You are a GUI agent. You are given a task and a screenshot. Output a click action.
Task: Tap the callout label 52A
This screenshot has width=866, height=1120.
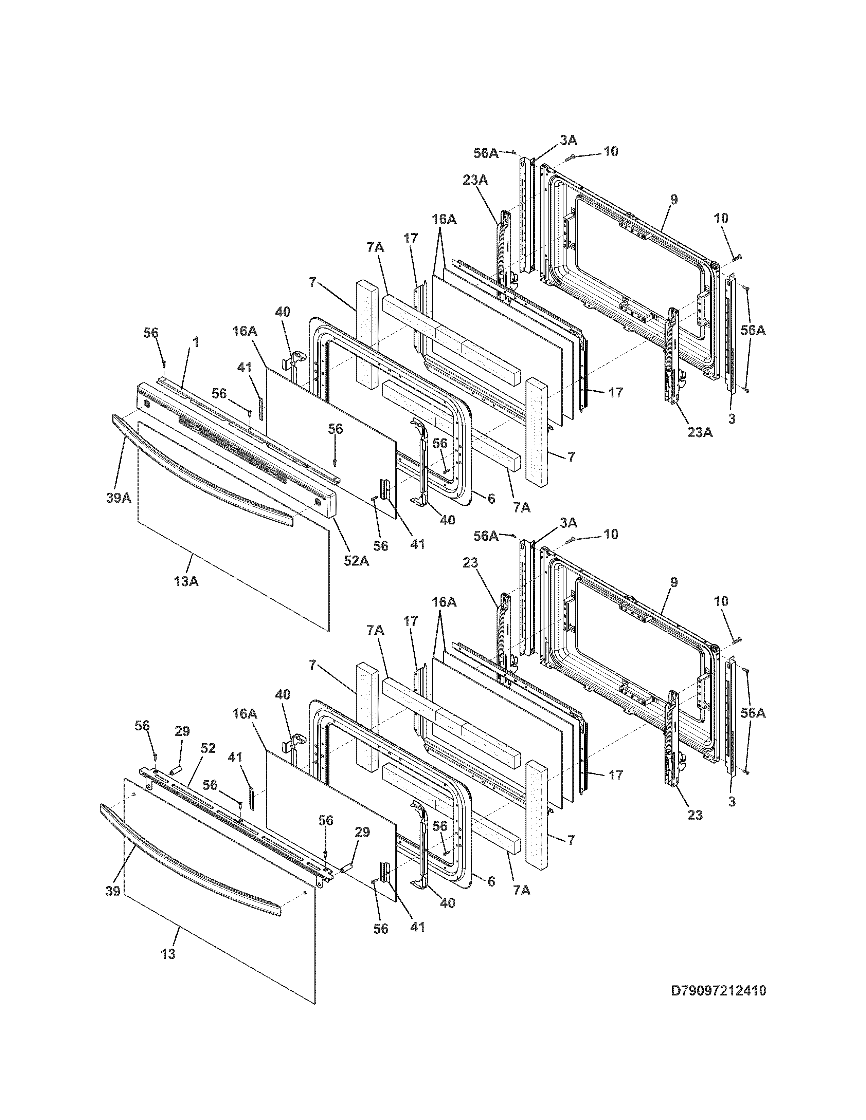[x=356, y=561]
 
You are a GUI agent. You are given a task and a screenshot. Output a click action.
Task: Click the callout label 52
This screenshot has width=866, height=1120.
[x=208, y=748]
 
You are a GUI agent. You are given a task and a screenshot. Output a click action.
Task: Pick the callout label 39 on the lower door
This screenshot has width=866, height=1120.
[x=113, y=891]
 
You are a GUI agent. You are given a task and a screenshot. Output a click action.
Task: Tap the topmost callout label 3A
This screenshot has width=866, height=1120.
[x=568, y=139]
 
